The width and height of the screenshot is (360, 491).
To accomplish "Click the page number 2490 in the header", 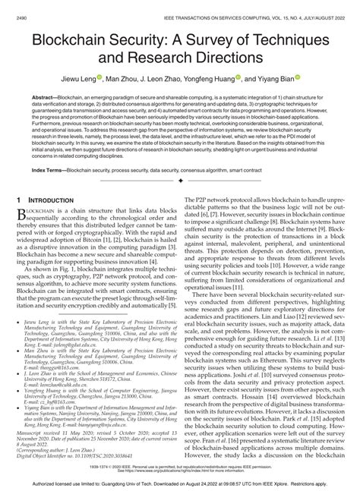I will [x=21, y=5].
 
